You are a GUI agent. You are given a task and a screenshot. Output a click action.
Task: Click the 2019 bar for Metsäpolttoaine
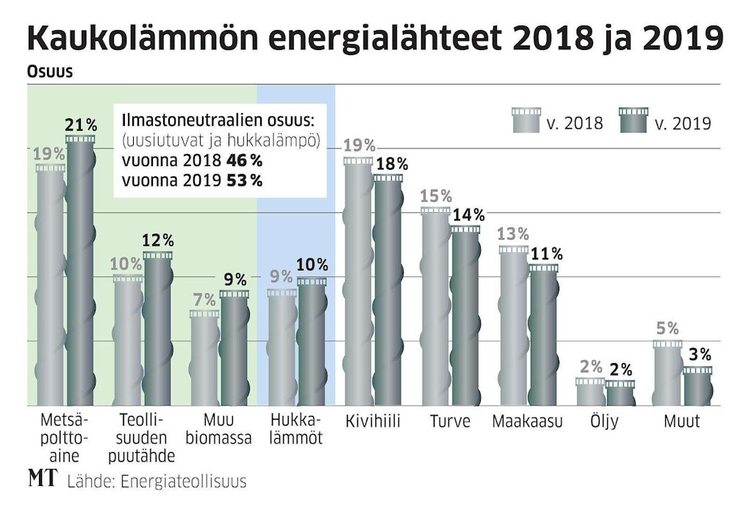[81, 272]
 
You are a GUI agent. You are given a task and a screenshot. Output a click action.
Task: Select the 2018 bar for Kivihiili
[359, 283]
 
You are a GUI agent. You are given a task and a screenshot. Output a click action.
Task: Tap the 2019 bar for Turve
[465, 316]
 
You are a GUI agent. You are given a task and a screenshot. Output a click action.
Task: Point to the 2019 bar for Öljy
[620, 394]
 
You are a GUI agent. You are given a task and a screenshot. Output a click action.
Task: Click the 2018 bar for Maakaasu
[514, 326]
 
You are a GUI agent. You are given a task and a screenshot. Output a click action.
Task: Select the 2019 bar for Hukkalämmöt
[312, 343]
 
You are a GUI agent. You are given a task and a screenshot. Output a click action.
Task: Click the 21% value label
[82, 125]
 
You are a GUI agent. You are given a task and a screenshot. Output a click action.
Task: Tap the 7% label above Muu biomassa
[204, 300]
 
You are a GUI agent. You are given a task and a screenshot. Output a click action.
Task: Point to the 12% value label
[159, 240]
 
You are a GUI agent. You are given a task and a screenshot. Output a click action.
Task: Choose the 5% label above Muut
[667, 329]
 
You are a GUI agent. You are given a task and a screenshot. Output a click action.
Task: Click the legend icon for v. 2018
[526, 121]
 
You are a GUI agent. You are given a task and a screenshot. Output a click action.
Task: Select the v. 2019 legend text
[682, 123]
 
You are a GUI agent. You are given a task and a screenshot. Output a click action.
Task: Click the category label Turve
[450, 423]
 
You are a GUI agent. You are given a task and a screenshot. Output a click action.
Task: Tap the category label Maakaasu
[527, 423]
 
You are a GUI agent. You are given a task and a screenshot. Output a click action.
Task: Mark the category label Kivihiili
[373, 423]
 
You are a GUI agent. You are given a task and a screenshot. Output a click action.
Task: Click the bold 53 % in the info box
[244, 180]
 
